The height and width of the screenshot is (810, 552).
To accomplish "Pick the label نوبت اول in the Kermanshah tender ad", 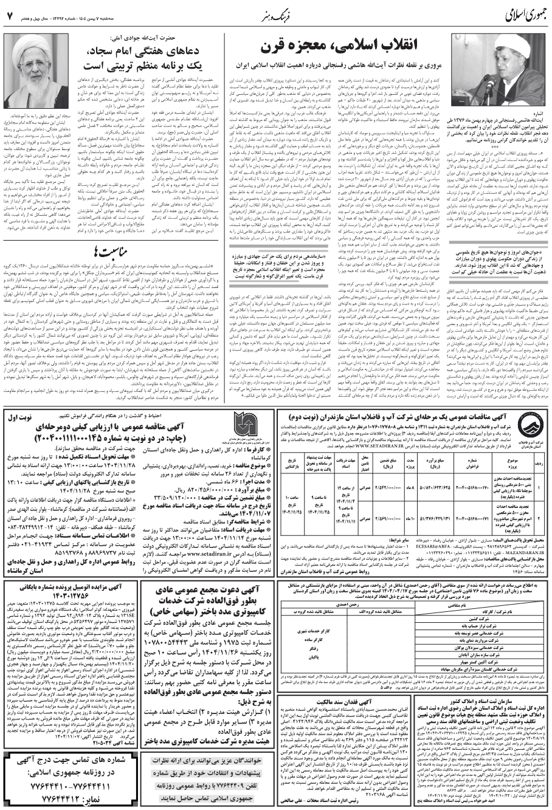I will (22, 417).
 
